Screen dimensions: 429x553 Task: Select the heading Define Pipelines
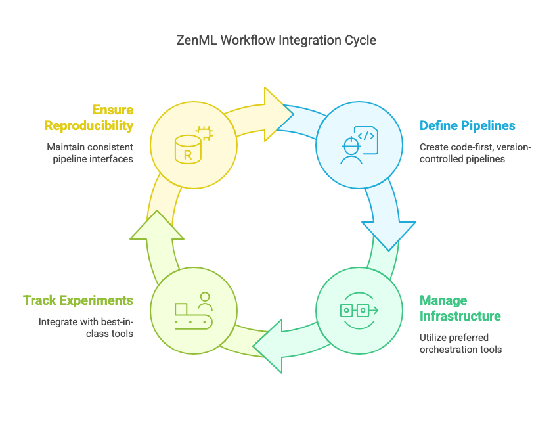click(468, 125)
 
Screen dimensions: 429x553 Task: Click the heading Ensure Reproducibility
click(89, 118)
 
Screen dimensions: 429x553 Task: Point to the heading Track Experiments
click(78, 300)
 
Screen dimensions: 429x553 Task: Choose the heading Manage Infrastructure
click(460, 308)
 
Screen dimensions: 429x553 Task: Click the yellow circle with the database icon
click(193, 145)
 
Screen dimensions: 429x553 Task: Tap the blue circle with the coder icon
click(359, 145)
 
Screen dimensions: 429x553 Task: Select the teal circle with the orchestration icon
click(359, 310)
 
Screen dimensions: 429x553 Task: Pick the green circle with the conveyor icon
click(193, 310)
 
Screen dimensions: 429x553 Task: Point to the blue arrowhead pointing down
click(389, 234)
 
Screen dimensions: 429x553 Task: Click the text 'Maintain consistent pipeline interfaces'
click(89, 152)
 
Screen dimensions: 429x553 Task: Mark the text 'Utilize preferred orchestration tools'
click(460, 343)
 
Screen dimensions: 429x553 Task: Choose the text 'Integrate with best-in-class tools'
click(85, 327)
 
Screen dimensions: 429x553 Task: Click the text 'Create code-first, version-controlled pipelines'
click(475, 152)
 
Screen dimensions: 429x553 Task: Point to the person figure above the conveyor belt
click(205, 301)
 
